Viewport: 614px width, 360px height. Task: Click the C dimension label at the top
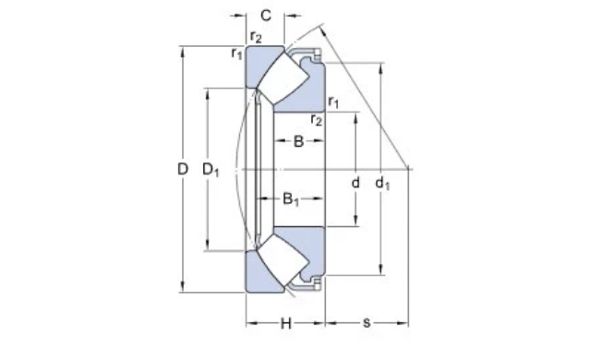[x=265, y=15]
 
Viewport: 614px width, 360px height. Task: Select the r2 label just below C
[x=255, y=36]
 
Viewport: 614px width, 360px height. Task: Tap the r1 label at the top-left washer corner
[x=237, y=53]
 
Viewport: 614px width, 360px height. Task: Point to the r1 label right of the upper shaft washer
[x=333, y=102]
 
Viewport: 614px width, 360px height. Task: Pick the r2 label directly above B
[x=317, y=119]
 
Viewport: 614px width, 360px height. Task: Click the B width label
[x=298, y=141]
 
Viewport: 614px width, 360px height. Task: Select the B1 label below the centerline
[x=291, y=198]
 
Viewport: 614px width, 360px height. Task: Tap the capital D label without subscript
[x=183, y=170]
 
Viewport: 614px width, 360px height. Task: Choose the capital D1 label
[x=212, y=170]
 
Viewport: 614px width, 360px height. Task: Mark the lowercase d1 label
[x=382, y=183]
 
